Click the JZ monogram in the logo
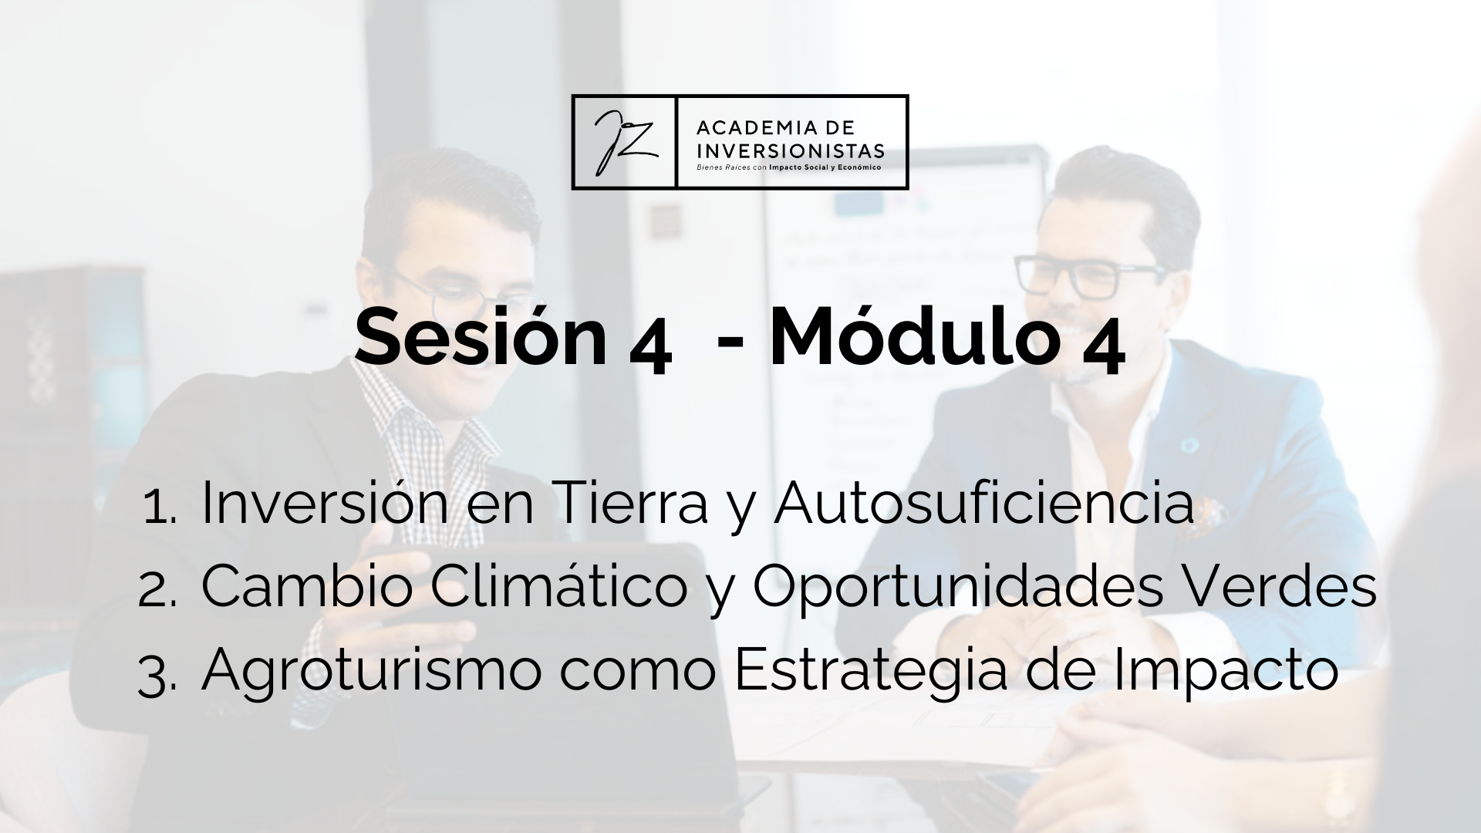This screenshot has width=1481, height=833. coord(625,142)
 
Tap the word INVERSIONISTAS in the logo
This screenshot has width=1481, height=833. coord(790,149)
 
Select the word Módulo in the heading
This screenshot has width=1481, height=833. coord(914,337)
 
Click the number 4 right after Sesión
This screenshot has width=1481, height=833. coord(650,349)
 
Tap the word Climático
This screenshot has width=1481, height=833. coord(558,585)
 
